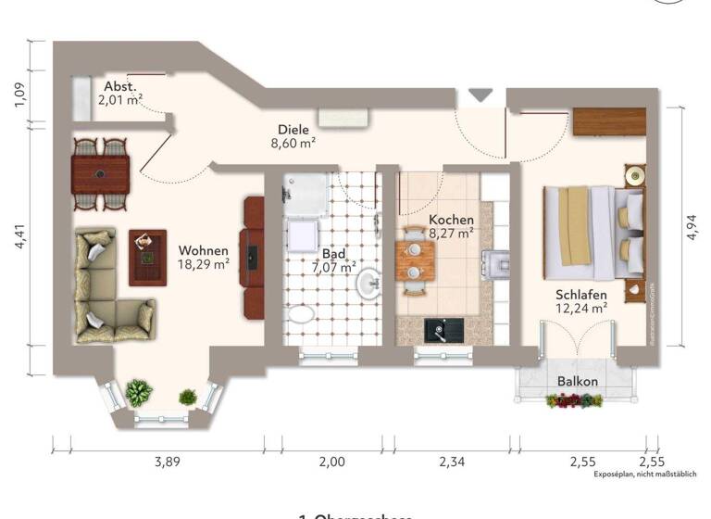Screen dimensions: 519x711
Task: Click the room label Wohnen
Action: [x=203, y=250]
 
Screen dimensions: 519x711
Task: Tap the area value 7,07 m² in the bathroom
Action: [x=333, y=267]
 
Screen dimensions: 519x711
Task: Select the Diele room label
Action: [x=293, y=130]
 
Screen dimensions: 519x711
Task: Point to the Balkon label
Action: [x=577, y=381]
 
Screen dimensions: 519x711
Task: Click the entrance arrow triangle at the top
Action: [x=480, y=95]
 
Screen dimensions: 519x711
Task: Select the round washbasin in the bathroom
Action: [x=368, y=283]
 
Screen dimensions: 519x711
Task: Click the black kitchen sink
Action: [x=439, y=328]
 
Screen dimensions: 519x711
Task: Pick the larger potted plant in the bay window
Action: [x=139, y=392]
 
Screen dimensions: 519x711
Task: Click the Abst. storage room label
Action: [x=120, y=87]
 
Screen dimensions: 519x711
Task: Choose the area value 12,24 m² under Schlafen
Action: [x=580, y=307]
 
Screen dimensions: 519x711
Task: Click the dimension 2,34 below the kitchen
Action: [x=451, y=461]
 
